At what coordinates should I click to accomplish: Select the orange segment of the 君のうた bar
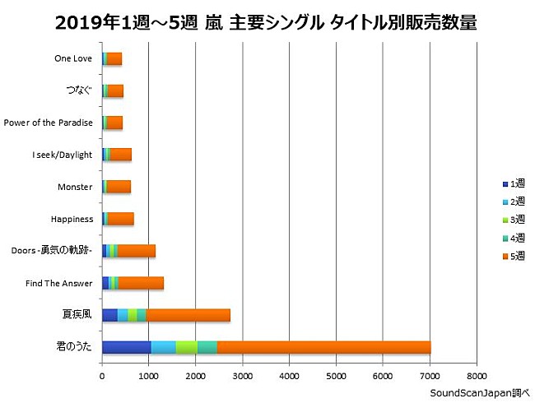coord(323,347)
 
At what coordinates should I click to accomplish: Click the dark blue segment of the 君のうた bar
coord(126,347)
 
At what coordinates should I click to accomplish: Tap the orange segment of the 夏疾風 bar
coord(188,315)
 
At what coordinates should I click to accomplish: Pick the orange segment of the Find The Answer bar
coord(141,283)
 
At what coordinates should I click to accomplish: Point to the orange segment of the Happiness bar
coord(120,219)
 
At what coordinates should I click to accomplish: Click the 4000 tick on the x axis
coord(290,377)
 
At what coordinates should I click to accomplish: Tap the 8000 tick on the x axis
coord(477,377)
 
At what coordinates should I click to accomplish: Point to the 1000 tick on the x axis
coord(149,377)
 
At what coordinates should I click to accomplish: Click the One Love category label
coord(73,58)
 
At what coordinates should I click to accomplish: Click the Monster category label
coord(75,187)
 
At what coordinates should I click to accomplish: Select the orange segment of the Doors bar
coord(136,251)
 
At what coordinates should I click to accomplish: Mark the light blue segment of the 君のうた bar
coord(163,347)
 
